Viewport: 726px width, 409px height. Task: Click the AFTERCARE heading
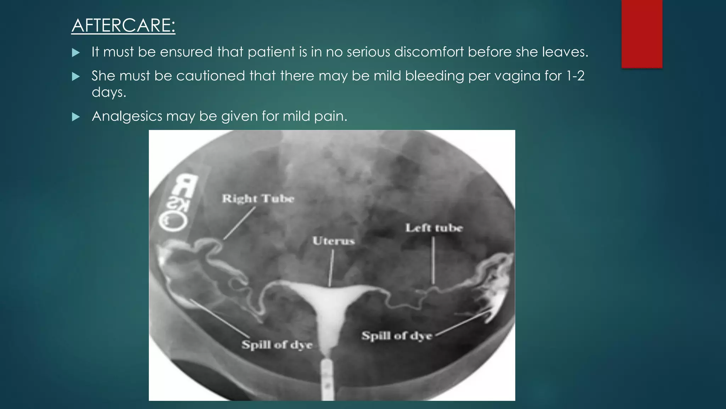tap(123, 26)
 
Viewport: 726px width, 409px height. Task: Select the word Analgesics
tap(127, 116)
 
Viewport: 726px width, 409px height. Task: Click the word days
tap(108, 92)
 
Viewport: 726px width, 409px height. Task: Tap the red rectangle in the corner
tap(642, 34)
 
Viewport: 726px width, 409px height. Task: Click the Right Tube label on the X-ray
tap(258, 198)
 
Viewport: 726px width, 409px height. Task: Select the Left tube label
tap(434, 228)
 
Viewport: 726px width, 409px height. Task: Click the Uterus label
tap(334, 241)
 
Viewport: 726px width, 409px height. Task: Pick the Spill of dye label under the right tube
tap(277, 345)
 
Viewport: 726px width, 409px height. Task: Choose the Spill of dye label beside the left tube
tap(397, 336)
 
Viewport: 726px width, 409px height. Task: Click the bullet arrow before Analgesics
tap(76, 117)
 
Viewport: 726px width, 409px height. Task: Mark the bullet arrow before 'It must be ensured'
tap(76, 53)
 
